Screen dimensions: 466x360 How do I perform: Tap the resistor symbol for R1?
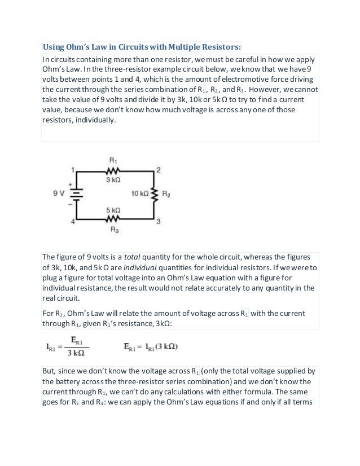click(x=113, y=171)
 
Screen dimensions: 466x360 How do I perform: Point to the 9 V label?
click(x=59, y=194)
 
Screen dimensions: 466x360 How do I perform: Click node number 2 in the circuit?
click(x=159, y=170)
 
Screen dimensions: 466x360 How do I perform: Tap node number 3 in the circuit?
click(x=159, y=221)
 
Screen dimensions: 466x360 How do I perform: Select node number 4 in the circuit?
click(x=73, y=222)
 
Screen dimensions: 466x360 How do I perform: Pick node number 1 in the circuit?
click(x=73, y=169)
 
